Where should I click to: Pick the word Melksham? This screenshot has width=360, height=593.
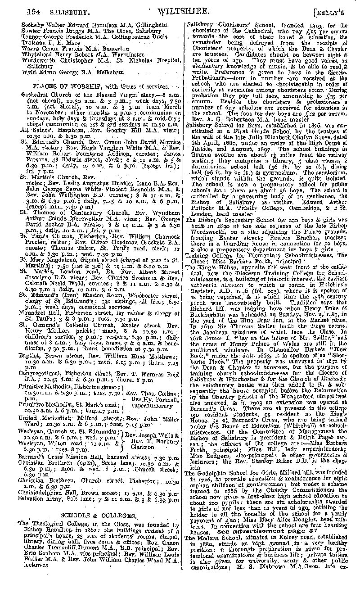point(98,71)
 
